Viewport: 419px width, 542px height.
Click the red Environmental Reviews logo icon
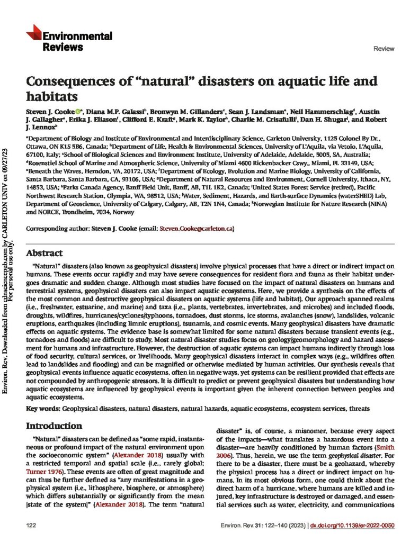pos(33,33)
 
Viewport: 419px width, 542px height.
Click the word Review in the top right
pos(384,49)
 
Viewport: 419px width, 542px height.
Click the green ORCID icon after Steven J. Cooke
pos(78,113)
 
